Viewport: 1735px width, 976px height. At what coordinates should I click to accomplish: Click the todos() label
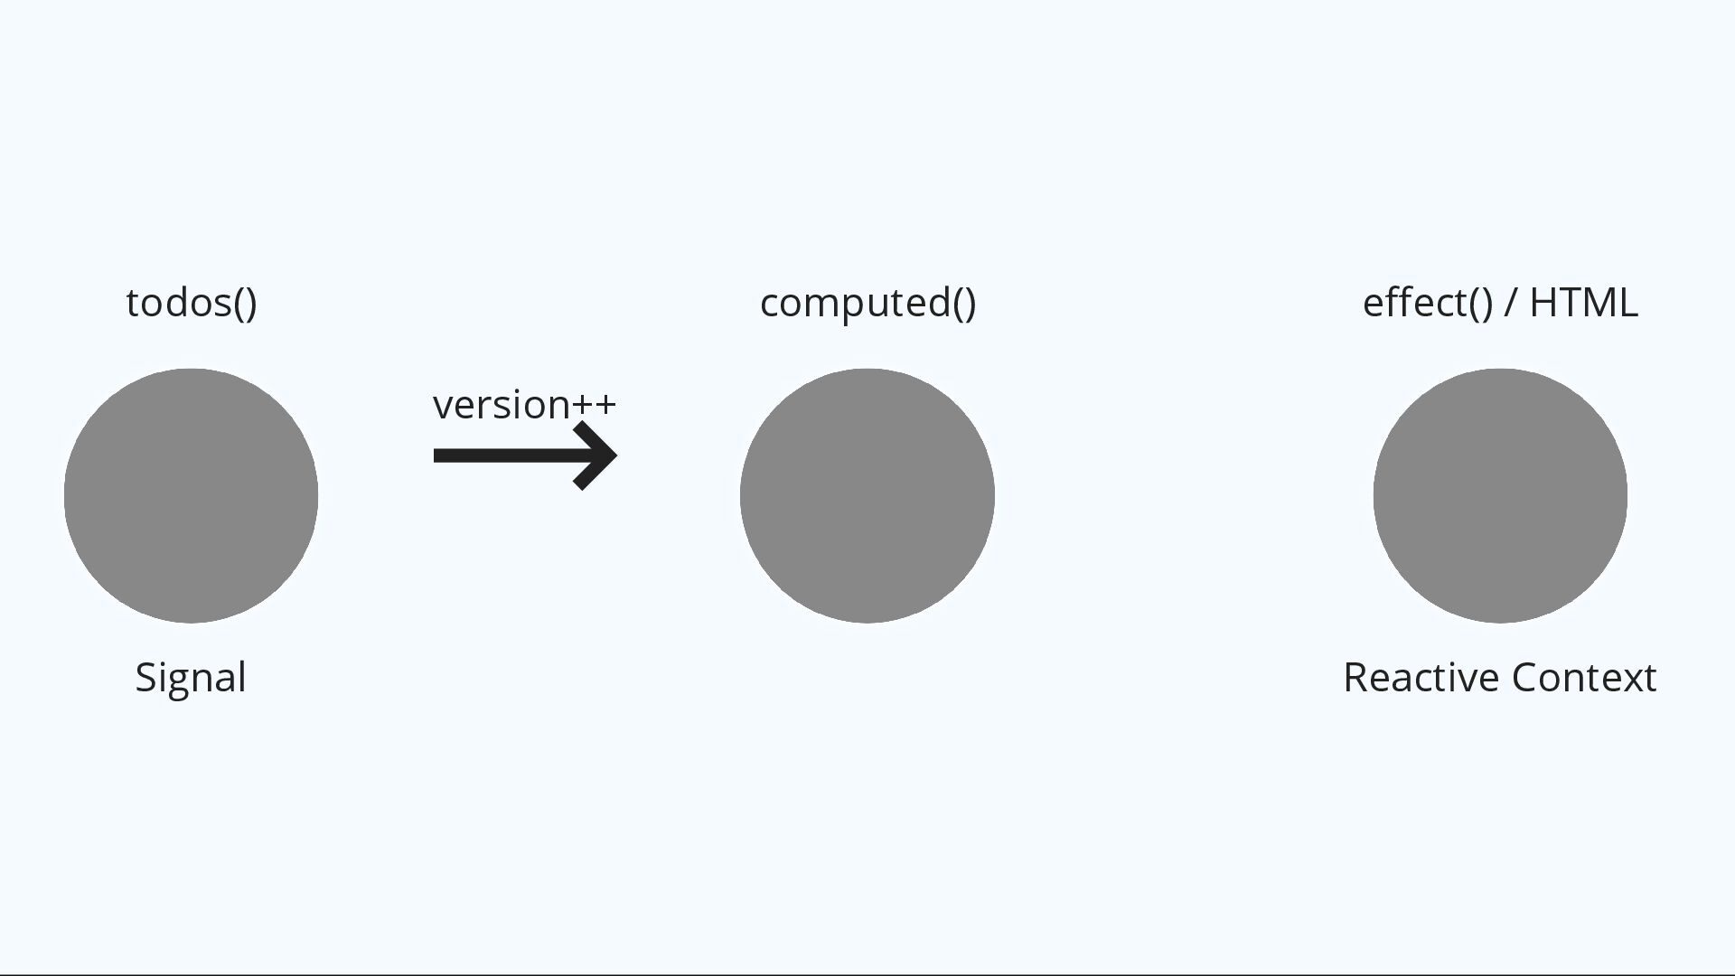(192, 304)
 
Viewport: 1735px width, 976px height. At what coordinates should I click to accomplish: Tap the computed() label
(867, 304)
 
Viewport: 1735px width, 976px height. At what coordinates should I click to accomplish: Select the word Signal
(191, 678)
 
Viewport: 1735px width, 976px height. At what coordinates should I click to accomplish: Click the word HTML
(1583, 304)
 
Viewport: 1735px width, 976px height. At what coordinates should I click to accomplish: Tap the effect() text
(1428, 304)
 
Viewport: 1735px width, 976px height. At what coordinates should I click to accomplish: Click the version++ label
(524, 405)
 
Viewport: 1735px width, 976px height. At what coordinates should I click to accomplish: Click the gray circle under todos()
(191, 495)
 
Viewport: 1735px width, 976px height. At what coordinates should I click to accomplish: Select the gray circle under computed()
(867, 495)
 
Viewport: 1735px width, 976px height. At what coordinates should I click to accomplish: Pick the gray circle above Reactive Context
(1500, 495)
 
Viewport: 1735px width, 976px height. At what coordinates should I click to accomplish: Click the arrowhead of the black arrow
(598, 455)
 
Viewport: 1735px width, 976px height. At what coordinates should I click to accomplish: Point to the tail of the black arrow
(443, 455)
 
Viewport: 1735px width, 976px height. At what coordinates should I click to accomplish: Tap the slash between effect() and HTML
(1510, 304)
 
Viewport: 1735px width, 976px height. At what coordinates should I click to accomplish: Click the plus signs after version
(595, 405)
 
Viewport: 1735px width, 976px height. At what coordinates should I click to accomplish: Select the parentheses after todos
(245, 304)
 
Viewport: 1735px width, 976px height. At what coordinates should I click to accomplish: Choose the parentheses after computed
(964, 304)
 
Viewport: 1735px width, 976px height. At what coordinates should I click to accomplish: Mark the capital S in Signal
(145, 678)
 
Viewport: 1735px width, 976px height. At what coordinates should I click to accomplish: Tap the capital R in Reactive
(1355, 678)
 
